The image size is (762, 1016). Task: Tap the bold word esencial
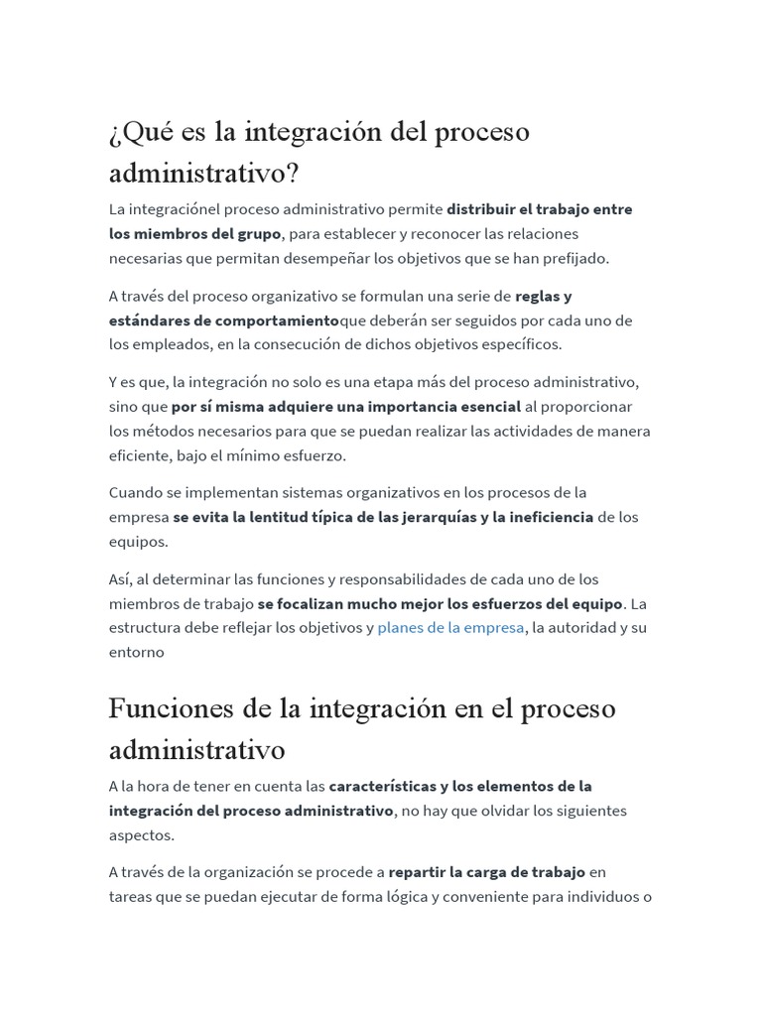coord(485,406)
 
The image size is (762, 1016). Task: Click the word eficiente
coord(139,455)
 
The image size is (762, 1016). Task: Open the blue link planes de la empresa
coord(450,628)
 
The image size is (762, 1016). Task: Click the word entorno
coord(136,652)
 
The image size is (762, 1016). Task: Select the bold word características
coord(388,786)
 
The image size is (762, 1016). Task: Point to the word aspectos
coord(141,834)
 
